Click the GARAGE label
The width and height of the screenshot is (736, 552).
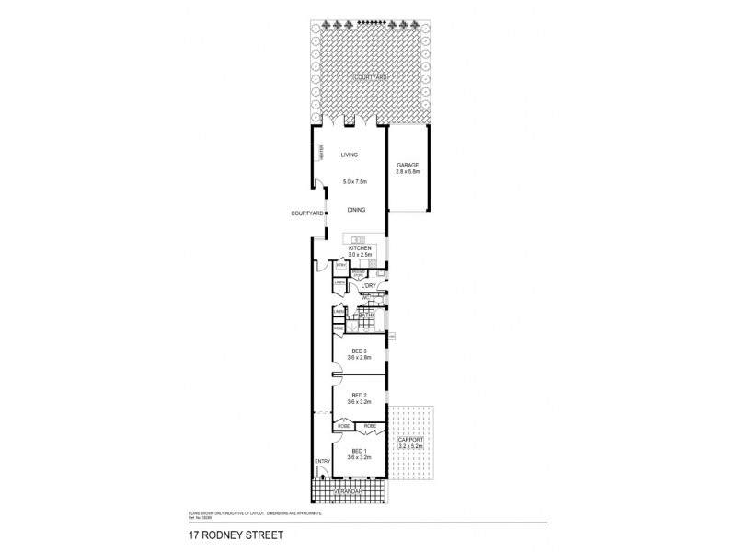(x=407, y=166)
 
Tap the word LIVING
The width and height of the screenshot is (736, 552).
(x=348, y=155)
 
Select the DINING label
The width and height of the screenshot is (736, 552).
(x=357, y=210)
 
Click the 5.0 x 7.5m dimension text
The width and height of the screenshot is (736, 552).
(x=353, y=181)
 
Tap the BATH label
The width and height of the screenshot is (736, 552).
(x=365, y=316)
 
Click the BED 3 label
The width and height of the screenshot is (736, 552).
(x=360, y=351)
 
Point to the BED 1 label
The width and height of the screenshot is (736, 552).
(x=360, y=449)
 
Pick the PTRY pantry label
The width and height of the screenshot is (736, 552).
(x=340, y=266)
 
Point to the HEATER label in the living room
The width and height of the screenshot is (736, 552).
(x=321, y=153)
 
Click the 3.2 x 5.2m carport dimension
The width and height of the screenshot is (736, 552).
(x=412, y=447)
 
